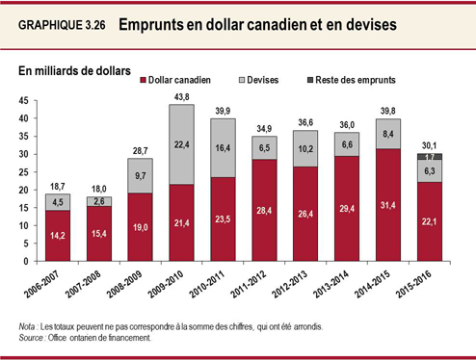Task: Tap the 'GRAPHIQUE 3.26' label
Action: click(x=63, y=26)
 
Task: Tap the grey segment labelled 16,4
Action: click(x=223, y=148)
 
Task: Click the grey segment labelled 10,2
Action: click(x=304, y=149)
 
